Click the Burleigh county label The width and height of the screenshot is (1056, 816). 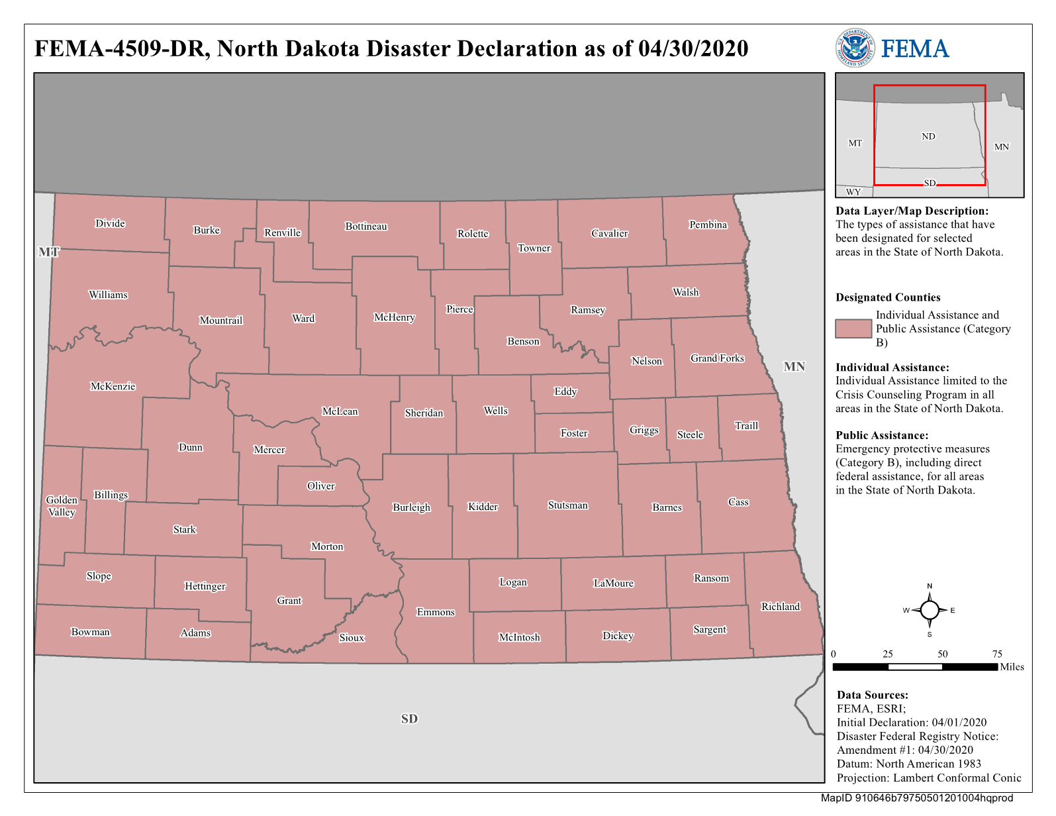(411, 507)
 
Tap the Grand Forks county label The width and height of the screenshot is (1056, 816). (717, 358)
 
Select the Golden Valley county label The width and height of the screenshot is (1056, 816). (62, 506)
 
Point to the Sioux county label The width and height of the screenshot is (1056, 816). (352, 638)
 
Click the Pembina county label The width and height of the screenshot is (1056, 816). (708, 225)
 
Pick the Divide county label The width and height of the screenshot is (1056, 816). (110, 223)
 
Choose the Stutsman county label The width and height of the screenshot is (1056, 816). (567, 505)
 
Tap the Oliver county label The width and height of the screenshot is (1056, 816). (320, 486)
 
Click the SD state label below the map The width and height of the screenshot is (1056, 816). (409, 719)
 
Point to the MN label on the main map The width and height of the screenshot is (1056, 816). (794, 366)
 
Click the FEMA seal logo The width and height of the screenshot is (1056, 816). (854, 48)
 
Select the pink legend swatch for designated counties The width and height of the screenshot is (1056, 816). (853, 329)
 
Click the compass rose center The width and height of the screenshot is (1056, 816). (930, 610)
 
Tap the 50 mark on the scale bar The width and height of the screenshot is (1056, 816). (942, 654)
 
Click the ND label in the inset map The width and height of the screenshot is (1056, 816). (928, 136)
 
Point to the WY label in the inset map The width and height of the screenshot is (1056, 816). (853, 192)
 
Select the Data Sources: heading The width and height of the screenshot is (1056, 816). (872, 695)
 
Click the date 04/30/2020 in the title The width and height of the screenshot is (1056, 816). (693, 48)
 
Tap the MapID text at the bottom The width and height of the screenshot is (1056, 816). (916, 798)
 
